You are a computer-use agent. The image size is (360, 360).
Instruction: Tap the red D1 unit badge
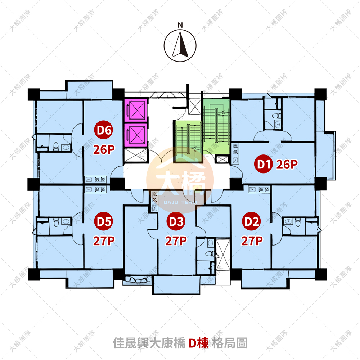[x=263, y=164]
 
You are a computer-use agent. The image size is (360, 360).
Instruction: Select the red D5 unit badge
[x=103, y=221]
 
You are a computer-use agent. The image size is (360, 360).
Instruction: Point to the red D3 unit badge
[x=176, y=221]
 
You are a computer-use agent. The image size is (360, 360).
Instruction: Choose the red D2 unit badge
[x=251, y=221]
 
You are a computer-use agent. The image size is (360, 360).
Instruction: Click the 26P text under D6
[x=104, y=149]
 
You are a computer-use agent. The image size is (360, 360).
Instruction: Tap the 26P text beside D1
[x=287, y=164]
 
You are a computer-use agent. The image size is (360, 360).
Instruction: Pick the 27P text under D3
[x=176, y=241]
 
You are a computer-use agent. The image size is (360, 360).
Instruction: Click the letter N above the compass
[x=180, y=25]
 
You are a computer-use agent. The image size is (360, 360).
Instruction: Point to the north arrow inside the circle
[x=180, y=45]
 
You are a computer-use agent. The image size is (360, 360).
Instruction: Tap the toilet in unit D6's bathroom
[x=56, y=146]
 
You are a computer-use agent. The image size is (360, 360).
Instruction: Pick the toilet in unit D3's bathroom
[x=210, y=254]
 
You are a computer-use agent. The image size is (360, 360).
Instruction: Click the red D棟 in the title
[x=199, y=343]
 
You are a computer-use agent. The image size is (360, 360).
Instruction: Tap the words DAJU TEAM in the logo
[x=180, y=202]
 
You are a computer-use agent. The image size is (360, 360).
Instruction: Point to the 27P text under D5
[x=104, y=241]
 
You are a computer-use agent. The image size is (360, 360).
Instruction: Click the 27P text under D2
[x=252, y=241]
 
